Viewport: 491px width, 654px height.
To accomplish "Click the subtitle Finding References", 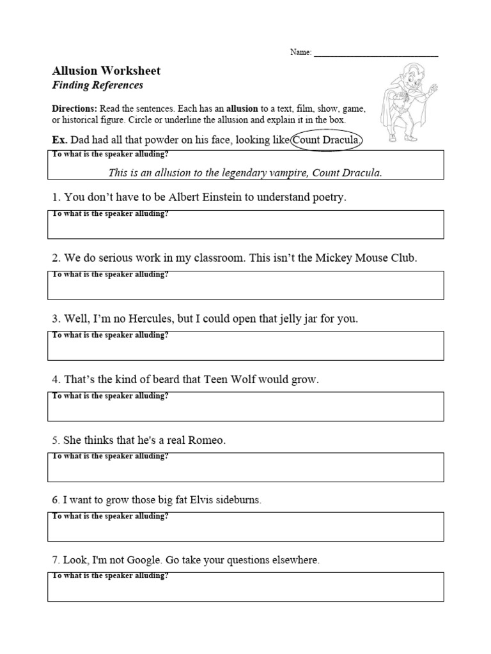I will pyautogui.click(x=97, y=85).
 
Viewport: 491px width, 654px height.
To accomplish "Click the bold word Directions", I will pyautogui.click(x=74, y=109).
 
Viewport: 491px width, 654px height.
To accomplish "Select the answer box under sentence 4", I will pyautogui.click(x=245, y=408).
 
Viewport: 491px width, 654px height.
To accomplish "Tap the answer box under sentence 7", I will pyautogui.click(x=245, y=589).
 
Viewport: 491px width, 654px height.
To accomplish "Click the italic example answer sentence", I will pyautogui.click(x=245, y=173).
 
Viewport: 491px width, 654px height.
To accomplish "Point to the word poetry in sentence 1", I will pyautogui.click(x=327, y=198).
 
